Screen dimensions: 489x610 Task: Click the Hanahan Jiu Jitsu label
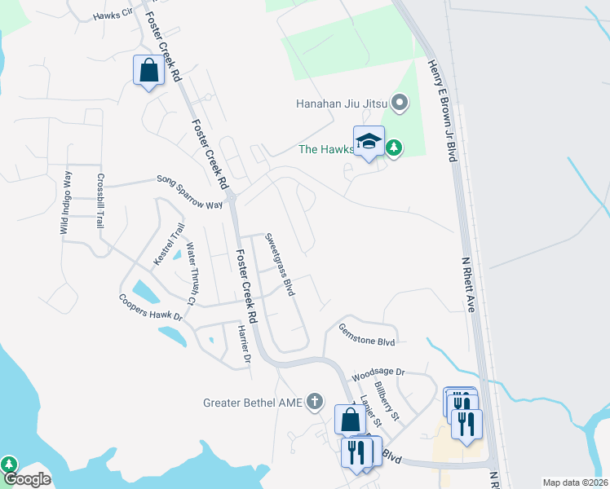pyautogui.click(x=343, y=104)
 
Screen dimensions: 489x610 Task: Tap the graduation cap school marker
pyautogui.click(x=369, y=141)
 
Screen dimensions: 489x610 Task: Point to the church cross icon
pyautogui.click(x=316, y=401)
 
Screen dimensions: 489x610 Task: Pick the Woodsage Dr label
pyautogui.click(x=378, y=375)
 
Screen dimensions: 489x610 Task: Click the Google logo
pyautogui.click(x=26, y=479)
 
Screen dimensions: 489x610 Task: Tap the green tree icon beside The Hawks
pyautogui.click(x=395, y=148)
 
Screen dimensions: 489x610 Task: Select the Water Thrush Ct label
pyautogui.click(x=192, y=273)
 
